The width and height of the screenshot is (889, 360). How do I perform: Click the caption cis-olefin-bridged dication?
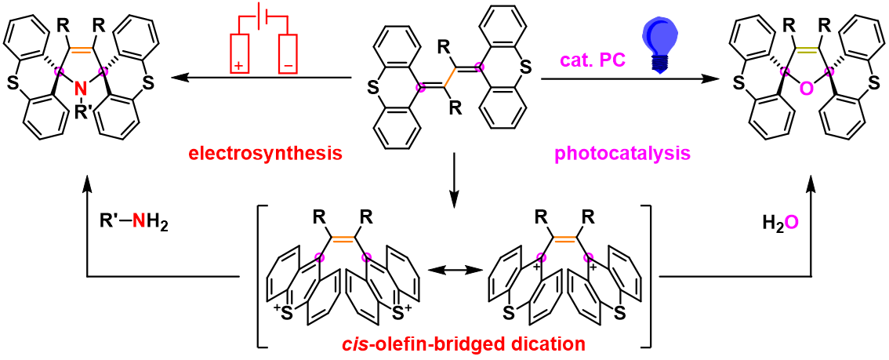tap(454, 344)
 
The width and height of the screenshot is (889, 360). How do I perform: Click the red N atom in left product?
tap(79, 93)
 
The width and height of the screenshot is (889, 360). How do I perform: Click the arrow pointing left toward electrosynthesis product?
tap(259, 78)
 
